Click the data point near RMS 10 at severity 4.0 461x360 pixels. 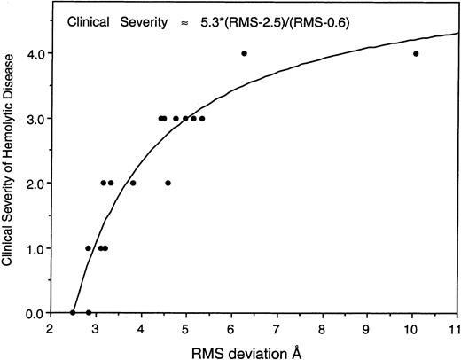[416, 53]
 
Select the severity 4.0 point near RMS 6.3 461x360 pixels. [244, 53]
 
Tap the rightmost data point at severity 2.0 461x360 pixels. [168, 183]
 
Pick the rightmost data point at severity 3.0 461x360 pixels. [202, 118]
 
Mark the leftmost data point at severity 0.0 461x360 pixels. [73, 312]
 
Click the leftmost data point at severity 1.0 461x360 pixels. [88, 248]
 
